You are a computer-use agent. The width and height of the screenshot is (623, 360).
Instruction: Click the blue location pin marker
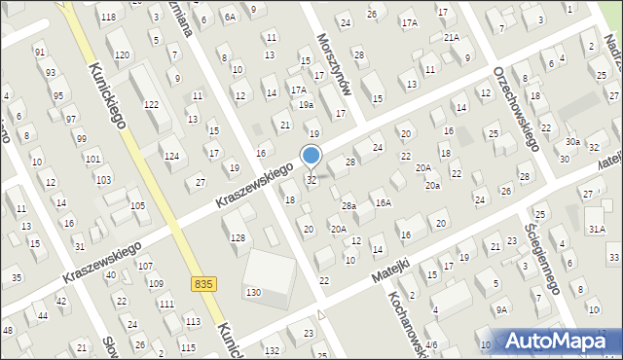point(311,156)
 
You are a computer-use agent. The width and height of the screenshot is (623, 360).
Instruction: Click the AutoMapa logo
point(560,341)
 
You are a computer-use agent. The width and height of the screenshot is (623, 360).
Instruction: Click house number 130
point(253,293)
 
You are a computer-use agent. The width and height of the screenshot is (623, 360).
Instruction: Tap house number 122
point(151,104)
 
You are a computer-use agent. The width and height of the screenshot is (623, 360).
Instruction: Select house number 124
point(171,156)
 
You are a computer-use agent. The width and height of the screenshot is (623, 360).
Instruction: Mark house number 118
point(108,18)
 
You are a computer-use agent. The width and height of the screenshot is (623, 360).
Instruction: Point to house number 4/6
point(431,344)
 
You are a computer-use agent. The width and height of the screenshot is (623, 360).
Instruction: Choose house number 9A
point(501,309)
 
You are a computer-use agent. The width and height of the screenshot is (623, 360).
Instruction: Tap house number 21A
point(451,37)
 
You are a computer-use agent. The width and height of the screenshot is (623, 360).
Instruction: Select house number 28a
point(348,205)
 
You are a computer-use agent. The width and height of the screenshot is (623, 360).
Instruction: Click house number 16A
point(384,202)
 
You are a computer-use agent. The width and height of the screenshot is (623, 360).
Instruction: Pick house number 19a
point(306,104)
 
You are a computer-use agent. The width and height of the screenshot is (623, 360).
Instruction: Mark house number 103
point(92,159)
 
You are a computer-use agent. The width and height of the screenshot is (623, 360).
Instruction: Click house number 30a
point(572,142)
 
